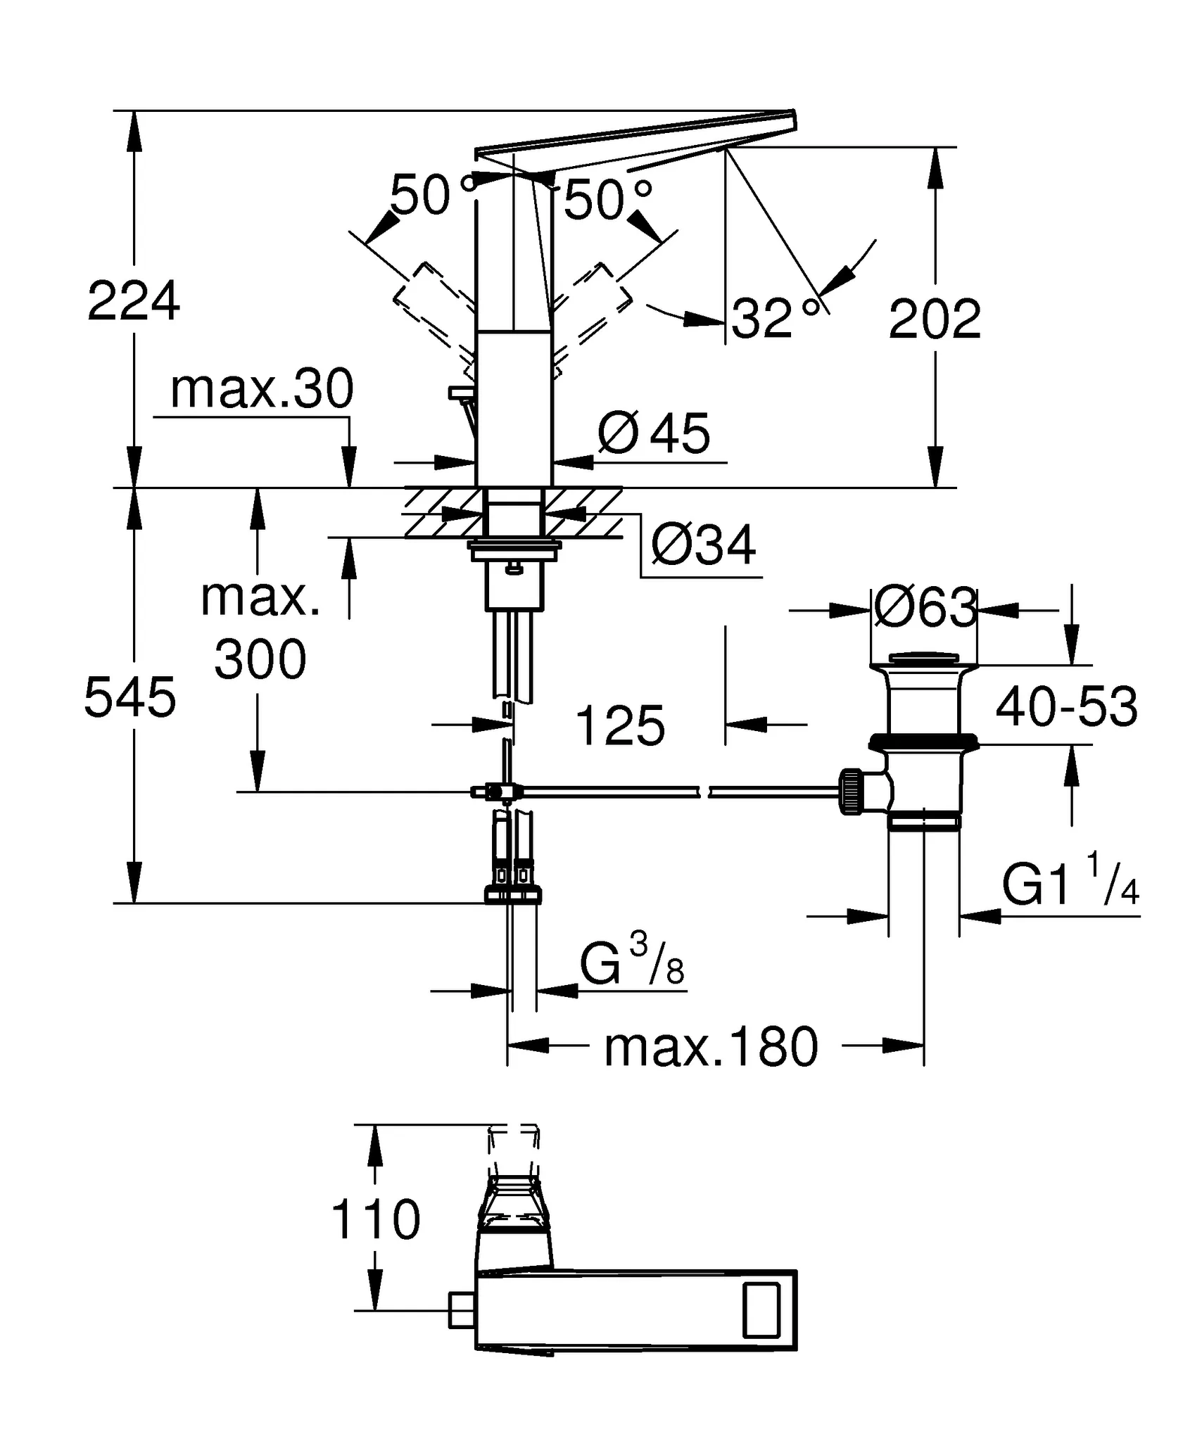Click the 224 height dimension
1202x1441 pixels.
click(x=134, y=301)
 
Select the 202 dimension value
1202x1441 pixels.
click(x=935, y=320)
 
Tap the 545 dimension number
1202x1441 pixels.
click(x=129, y=697)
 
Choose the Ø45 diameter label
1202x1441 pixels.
click(x=654, y=434)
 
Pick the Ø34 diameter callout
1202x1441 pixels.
click(x=703, y=545)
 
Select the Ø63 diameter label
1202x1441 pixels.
click(x=925, y=607)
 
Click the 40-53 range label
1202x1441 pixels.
click(x=1066, y=706)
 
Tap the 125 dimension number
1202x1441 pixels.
click(x=620, y=725)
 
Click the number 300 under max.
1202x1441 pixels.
click(x=260, y=659)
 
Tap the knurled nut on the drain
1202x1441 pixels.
click(x=852, y=792)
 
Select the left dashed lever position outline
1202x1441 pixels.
click(x=433, y=310)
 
